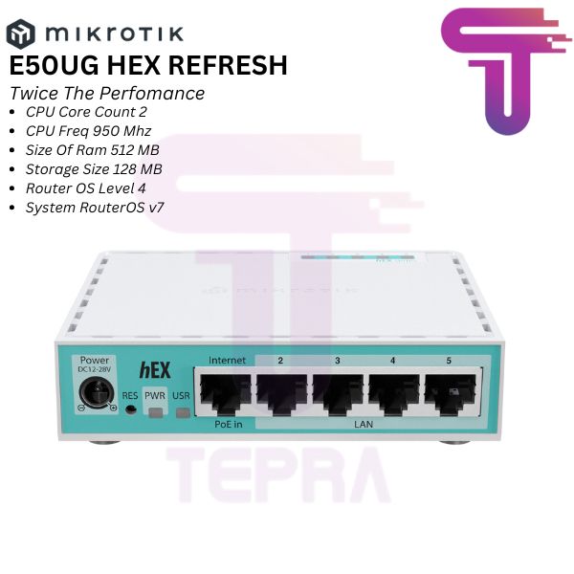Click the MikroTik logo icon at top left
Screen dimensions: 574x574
click(x=20, y=35)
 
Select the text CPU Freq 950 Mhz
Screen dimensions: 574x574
click(x=89, y=131)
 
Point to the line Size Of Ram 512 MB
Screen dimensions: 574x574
click(x=93, y=150)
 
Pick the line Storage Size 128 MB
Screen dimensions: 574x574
click(x=94, y=168)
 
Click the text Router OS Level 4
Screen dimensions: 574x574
click(x=87, y=188)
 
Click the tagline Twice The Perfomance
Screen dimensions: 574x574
click(x=107, y=94)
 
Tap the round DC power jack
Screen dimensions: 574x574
click(x=97, y=392)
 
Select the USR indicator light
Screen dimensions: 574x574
click(x=182, y=410)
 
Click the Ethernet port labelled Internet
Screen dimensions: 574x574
click(x=227, y=392)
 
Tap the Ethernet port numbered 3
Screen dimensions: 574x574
click(x=338, y=392)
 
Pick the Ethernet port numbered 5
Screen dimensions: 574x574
click(x=448, y=392)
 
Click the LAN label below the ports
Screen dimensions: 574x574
click(x=364, y=422)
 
